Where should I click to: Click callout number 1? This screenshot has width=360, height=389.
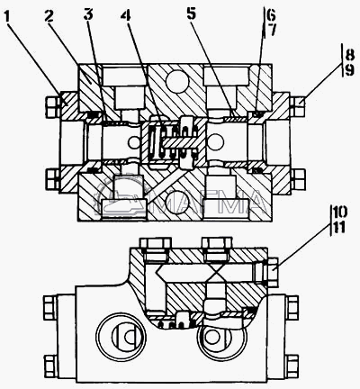(8, 18)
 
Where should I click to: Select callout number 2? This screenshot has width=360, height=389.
(49, 15)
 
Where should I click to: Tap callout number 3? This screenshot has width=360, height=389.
(88, 14)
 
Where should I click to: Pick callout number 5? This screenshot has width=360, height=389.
(191, 14)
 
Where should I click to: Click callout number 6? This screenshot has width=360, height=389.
(270, 14)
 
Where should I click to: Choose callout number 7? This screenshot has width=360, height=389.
(271, 30)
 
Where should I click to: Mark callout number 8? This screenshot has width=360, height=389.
(349, 55)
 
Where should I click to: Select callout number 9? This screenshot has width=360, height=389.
(349, 70)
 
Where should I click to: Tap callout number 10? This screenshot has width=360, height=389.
(340, 213)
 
